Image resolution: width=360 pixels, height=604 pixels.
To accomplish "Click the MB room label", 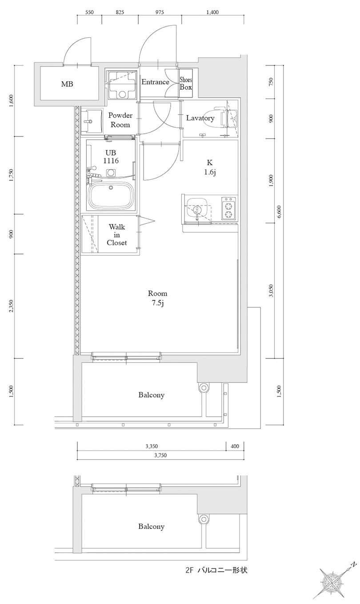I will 68,84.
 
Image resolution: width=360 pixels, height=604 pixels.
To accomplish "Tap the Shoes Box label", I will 186,83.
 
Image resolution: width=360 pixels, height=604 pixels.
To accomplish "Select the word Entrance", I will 155,82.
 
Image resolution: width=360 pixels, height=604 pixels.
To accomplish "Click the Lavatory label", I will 200,118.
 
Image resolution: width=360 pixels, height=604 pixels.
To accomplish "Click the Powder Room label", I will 120,120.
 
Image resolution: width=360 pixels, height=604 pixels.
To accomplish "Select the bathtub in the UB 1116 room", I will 111,195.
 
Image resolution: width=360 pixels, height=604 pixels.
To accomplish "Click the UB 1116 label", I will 111,156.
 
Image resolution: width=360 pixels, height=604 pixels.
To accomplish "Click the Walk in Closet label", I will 117,235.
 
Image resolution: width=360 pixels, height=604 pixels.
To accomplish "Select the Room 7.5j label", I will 157,298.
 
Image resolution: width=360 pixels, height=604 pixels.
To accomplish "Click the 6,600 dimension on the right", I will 279,213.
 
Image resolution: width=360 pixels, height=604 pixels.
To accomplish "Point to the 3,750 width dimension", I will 160,455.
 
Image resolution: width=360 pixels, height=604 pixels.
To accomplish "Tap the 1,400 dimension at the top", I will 212,12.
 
